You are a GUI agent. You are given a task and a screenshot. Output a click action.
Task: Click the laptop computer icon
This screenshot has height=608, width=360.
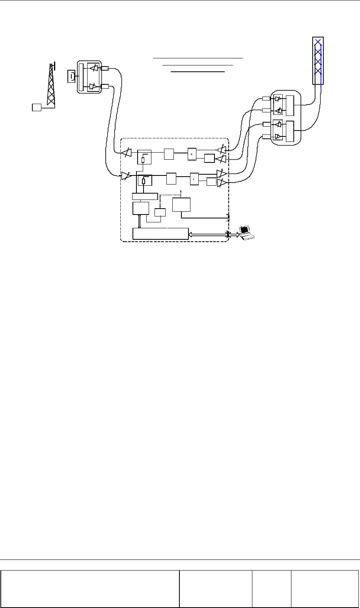coord(247,232)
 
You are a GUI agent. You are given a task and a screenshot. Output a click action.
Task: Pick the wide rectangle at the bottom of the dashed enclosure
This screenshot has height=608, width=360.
coord(160,233)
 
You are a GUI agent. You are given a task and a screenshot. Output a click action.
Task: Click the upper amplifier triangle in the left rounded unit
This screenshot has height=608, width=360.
coord(93,68)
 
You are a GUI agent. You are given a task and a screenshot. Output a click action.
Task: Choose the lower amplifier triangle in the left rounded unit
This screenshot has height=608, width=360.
coord(93,86)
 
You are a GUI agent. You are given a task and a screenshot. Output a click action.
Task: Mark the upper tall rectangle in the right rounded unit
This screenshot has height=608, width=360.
coord(291,105)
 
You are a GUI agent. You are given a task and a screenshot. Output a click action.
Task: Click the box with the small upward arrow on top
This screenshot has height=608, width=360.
coord(181,205)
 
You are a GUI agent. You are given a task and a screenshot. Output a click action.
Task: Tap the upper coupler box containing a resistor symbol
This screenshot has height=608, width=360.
coord(144,157)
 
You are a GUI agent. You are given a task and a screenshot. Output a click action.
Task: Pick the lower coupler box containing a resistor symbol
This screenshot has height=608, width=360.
coord(144,180)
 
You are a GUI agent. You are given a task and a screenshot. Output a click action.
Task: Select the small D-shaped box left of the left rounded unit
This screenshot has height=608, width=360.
coord(71,76)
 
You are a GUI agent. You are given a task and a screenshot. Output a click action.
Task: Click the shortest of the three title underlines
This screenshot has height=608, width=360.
coord(198,72)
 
